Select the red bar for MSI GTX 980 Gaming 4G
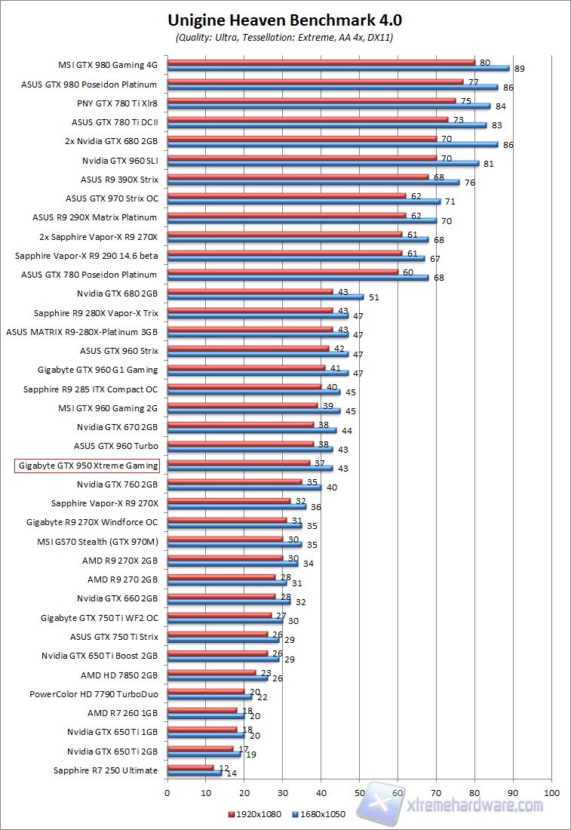(321, 62)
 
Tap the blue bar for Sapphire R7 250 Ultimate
(194, 773)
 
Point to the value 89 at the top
(519, 69)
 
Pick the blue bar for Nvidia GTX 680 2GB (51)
(265, 297)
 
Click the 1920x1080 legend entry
(255, 814)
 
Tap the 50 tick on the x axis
(359, 793)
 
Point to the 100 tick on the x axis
(551, 793)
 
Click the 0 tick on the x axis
(167, 793)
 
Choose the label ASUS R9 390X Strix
(119, 180)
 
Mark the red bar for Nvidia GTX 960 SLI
(302, 157)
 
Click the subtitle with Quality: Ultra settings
(285, 36)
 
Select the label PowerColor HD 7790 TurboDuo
(94, 694)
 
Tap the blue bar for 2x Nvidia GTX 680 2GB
(332, 143)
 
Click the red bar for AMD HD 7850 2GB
(211, 672)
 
